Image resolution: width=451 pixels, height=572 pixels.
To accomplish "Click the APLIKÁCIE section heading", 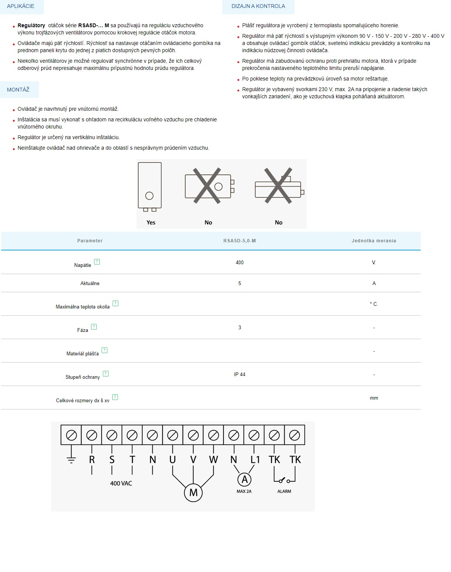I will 20,6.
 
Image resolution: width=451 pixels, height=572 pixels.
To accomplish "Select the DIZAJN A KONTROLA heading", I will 258,6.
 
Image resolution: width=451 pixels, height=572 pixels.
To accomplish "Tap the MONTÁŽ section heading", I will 18,90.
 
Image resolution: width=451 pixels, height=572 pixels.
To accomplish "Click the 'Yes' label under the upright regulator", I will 151,222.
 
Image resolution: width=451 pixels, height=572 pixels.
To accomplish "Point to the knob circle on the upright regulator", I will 149,196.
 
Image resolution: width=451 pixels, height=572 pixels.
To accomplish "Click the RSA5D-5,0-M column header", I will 239,241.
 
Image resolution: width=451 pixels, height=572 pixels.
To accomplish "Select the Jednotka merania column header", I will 374,241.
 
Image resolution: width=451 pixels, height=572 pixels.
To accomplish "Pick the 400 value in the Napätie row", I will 239,262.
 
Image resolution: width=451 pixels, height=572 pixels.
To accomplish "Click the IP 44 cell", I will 239,374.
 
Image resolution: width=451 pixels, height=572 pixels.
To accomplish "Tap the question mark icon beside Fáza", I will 94,327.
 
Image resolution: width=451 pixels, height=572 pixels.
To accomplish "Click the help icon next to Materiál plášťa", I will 105,350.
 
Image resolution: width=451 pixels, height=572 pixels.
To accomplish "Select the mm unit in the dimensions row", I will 374,398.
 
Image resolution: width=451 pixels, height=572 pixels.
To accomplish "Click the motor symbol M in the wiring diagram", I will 193,493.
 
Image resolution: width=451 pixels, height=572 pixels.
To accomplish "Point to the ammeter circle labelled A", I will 245,479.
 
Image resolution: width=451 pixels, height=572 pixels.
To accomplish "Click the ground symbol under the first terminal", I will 71,459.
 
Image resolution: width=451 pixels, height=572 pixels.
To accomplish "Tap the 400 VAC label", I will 121,483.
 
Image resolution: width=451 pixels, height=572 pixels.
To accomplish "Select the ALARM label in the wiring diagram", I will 284,491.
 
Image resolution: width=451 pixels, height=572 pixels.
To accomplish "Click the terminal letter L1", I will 255,460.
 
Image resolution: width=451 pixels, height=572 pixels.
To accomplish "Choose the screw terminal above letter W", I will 214,436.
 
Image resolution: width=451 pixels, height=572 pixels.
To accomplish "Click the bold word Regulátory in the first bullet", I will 31,25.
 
